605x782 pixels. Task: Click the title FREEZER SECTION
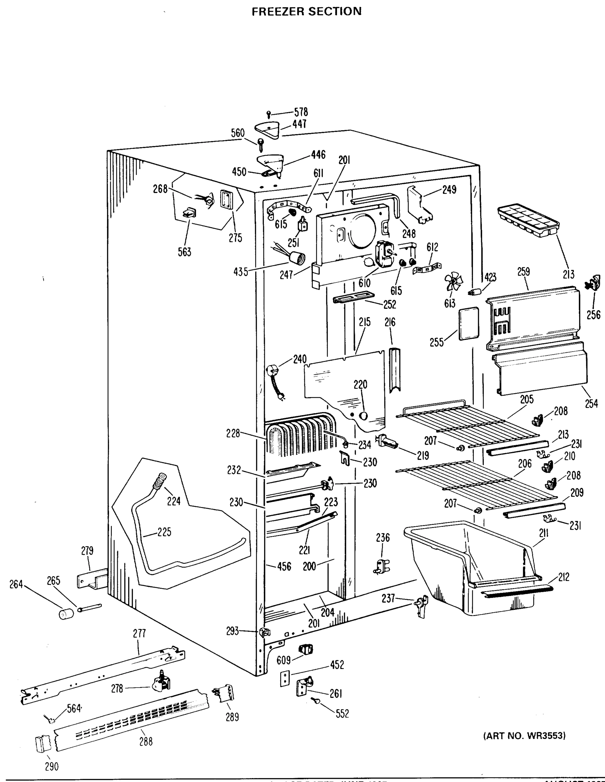pyautogui.click(x=307, y=11)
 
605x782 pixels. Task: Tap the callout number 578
pyautogui.click(x=301, y=112)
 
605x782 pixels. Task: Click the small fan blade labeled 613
pyautogui.click(x=453, y=283)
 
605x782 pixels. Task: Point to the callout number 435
pyautogui.click(x=240, y=272)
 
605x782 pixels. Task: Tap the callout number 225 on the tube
pyautogui.click(x=164, y=532)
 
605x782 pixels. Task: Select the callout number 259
pyautogui.click(x=523, y=272)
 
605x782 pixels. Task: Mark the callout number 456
pyautogui.click(x=284, y=566)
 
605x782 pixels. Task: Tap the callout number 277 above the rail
pyautogui.click(x=139, y=633)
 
